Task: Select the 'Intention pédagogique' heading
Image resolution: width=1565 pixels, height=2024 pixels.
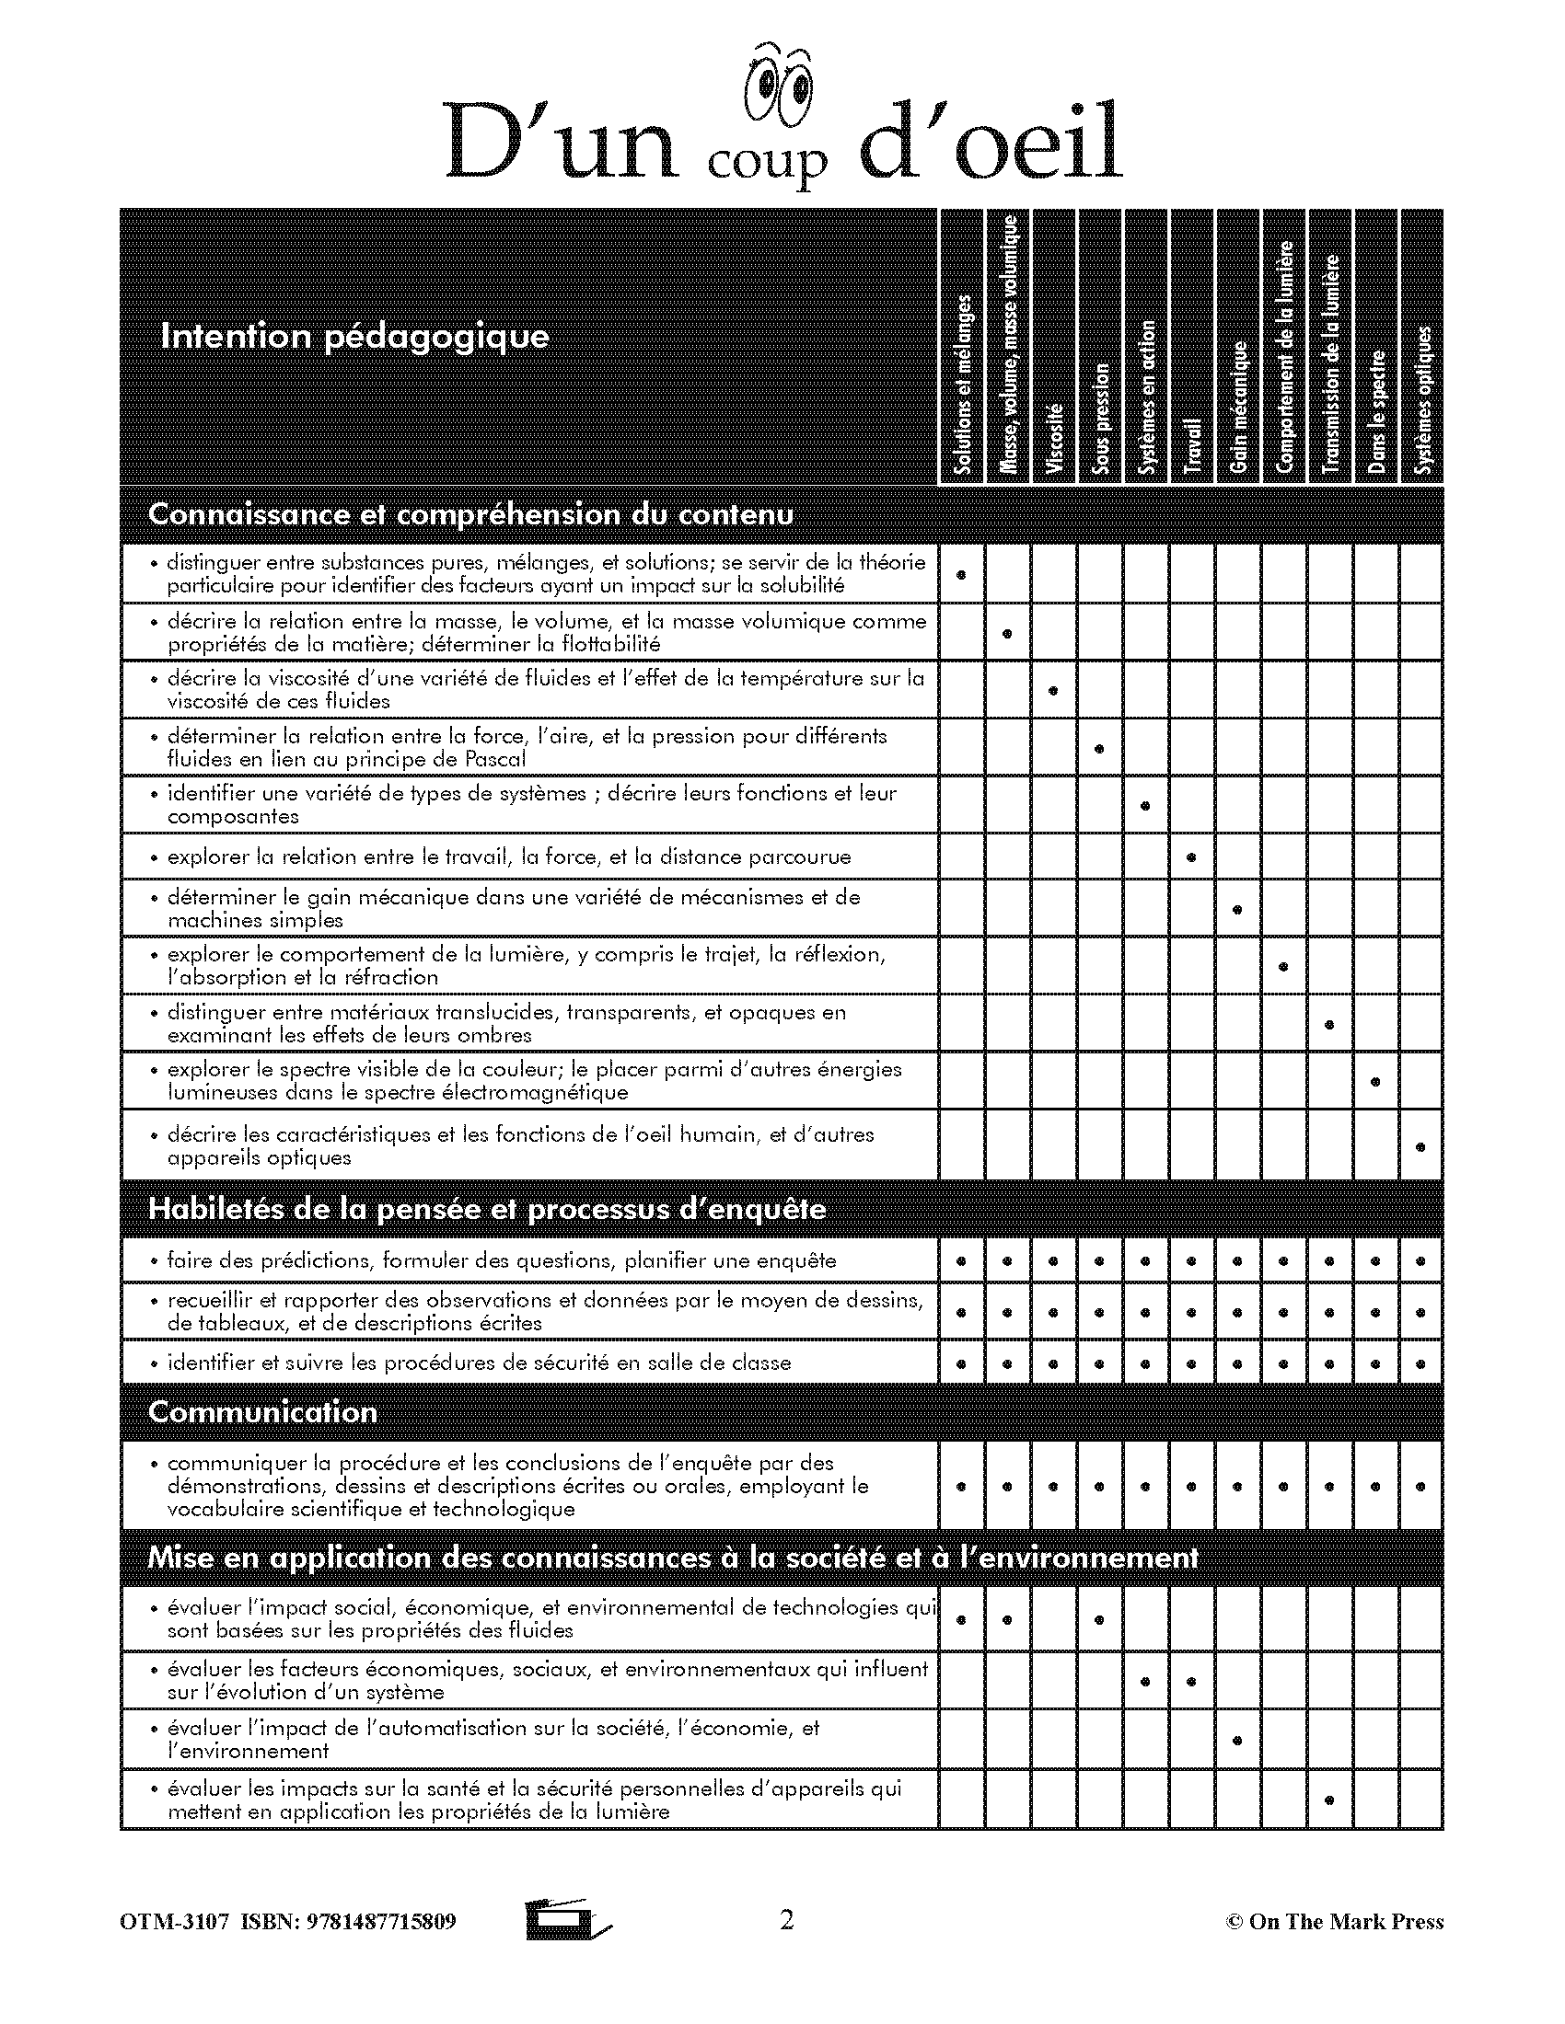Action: (x=354, y=336)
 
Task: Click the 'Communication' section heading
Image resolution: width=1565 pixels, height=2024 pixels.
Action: (x=262, y=1411)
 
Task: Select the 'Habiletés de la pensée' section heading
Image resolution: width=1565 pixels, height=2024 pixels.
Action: (x=487, y=1209)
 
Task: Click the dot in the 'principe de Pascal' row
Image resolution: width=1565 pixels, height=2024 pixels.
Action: (x=1099, y=748)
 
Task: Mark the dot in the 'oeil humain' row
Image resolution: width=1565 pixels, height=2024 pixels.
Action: (x=1420, y=1146)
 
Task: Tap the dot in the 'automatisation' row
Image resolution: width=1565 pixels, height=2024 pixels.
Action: (x=1237, y=1740)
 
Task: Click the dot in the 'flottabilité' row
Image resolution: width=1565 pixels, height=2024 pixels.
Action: (x=1008, y=634)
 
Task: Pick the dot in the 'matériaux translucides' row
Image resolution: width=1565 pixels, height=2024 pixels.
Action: (x=1329, y=1024)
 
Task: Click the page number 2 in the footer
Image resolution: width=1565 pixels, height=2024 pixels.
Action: (x=786, y=1919)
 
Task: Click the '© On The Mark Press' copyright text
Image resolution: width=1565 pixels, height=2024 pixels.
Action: (x=1334, y=1921)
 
